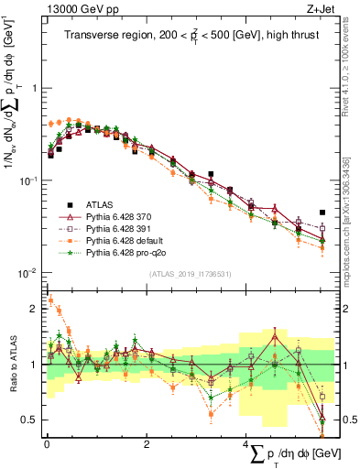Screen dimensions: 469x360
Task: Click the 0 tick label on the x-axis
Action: [46, 442]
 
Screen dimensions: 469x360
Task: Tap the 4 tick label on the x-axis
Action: [245, 442]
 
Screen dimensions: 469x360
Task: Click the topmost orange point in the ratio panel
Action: [50, 300]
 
